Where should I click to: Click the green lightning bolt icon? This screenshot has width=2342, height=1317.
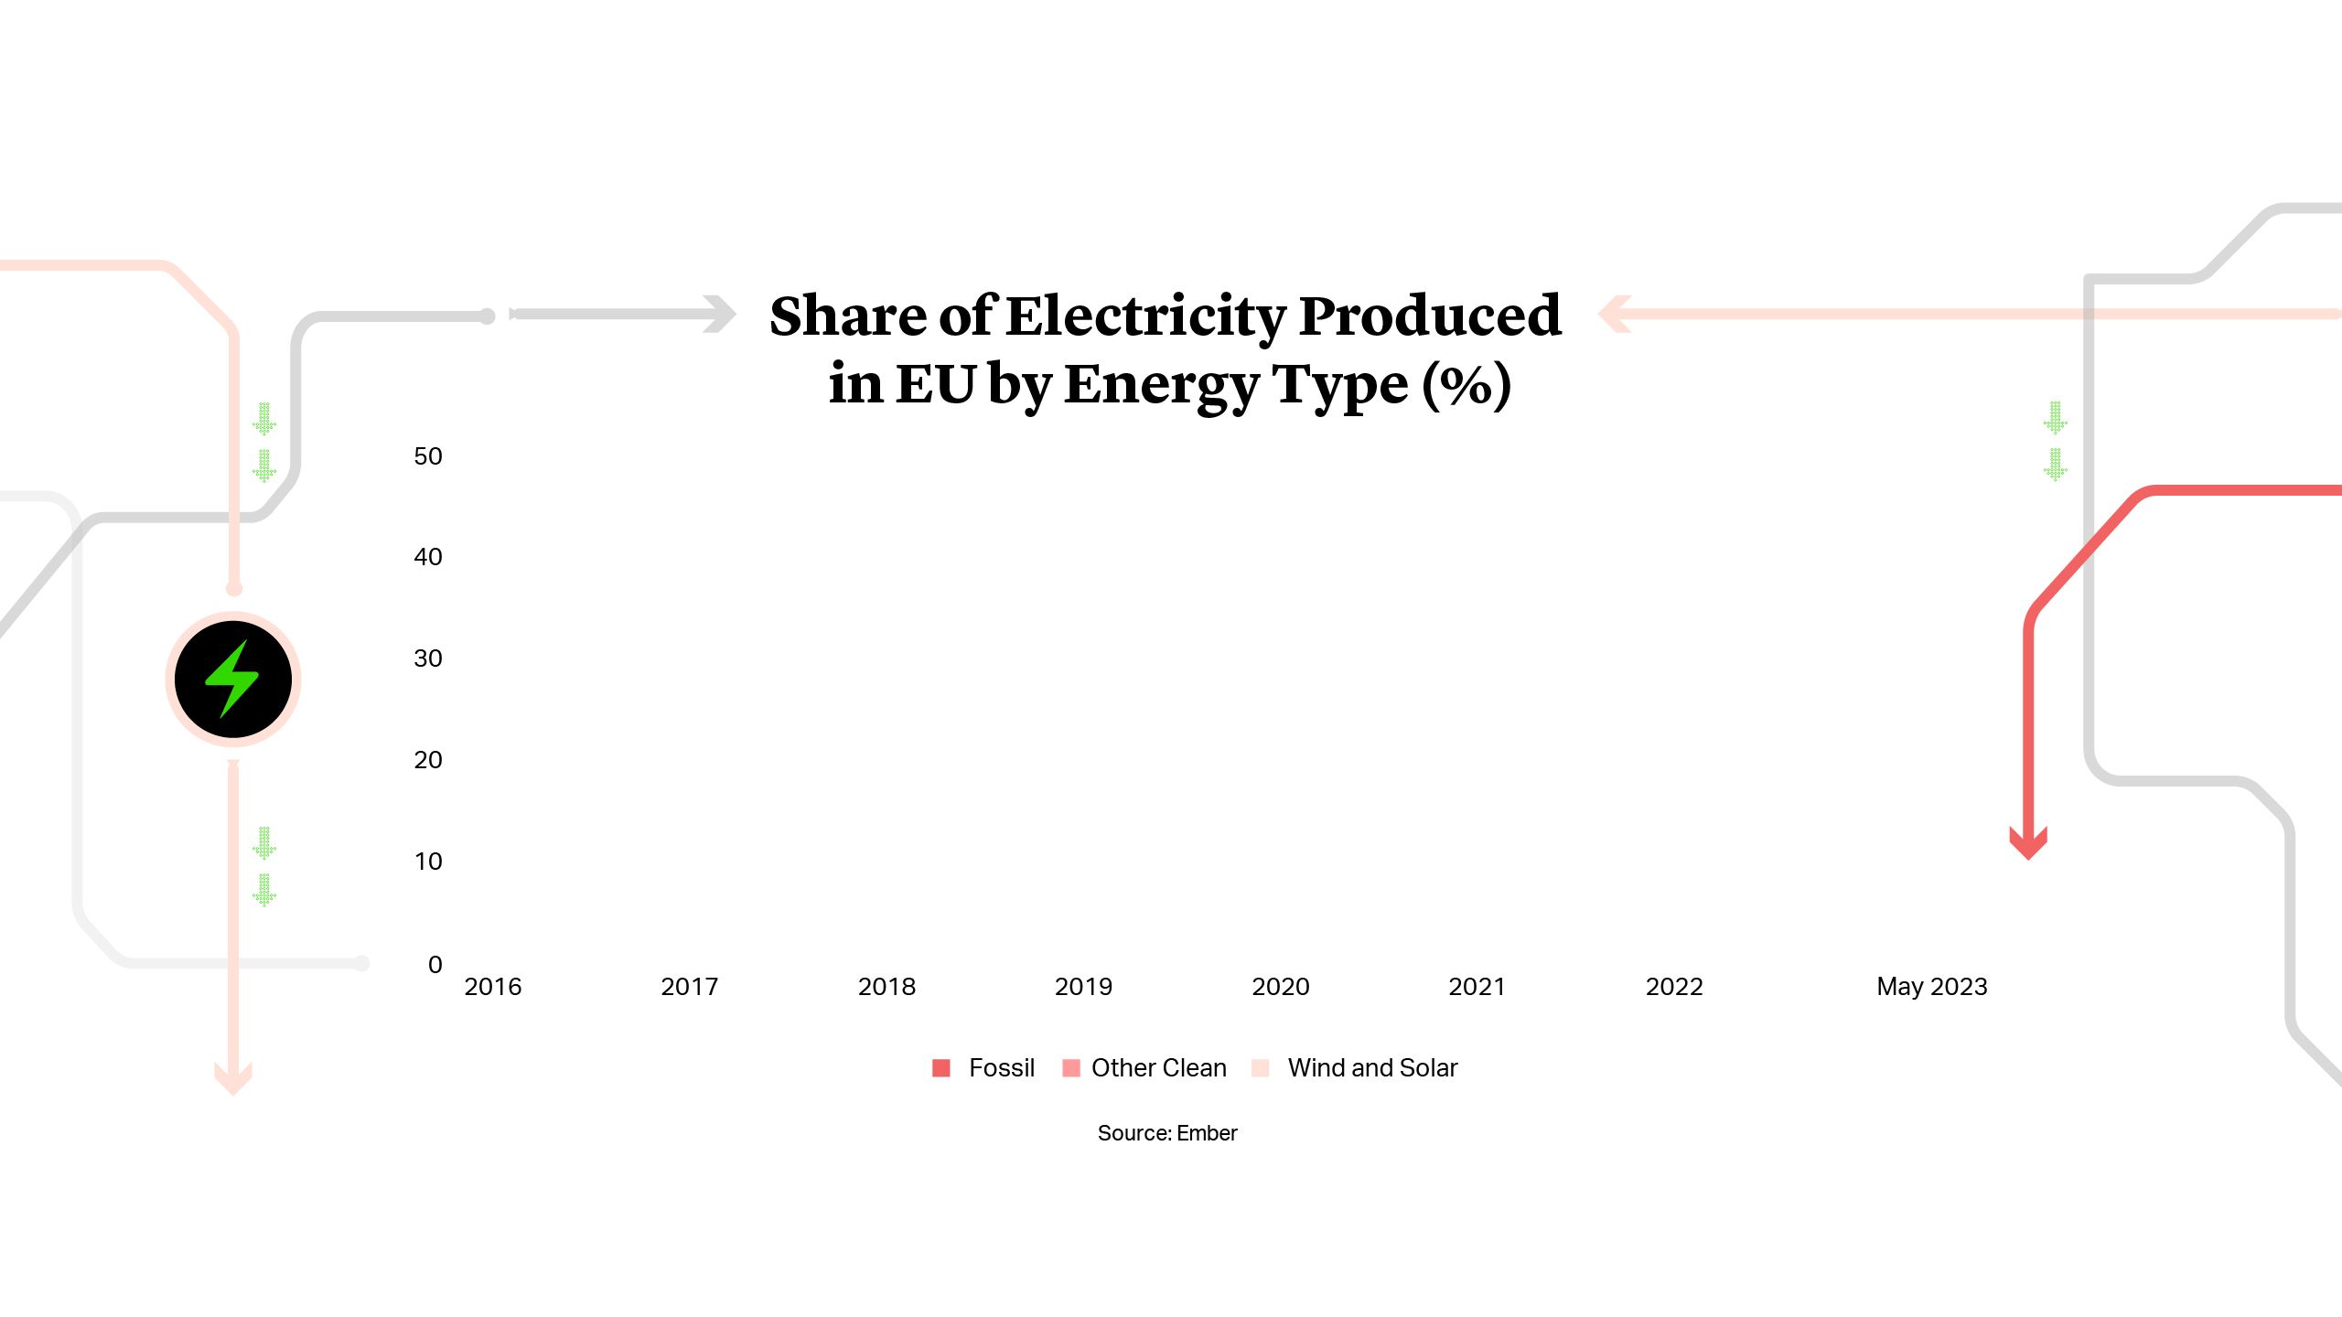[232, 679]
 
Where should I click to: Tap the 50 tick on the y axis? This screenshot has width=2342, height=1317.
[427, 456]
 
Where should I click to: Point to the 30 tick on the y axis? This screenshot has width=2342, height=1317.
[427, 658]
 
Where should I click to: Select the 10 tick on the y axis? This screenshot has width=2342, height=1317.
[427, 862]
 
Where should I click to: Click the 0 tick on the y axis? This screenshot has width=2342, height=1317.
[435, 964]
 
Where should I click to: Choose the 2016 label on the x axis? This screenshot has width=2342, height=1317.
[492, 987]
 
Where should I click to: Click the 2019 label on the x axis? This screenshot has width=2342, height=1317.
[1083, 987]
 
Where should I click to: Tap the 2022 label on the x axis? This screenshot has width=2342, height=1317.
[1674, 987]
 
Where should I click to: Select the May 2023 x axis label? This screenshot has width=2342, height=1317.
[1931, 987]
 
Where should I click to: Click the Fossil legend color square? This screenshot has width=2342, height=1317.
[940, 1067]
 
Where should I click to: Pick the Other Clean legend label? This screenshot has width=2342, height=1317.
[1158, 1067]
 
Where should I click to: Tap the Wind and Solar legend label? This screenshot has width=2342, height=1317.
[1372, 1067]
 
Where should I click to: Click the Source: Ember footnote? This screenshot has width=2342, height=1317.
[1167, 1133]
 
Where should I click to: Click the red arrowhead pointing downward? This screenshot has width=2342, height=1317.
[2028, 843]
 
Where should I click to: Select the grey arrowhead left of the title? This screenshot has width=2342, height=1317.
[721, 314]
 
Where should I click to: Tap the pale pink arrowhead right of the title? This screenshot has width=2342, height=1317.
[1615, 314]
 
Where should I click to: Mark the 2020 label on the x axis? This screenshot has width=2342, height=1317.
[1280, 987]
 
